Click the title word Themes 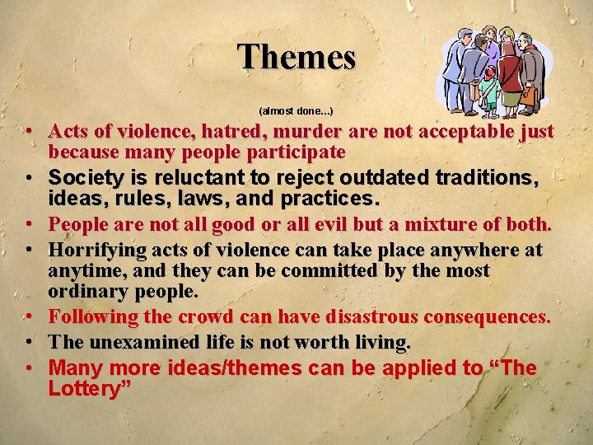296,58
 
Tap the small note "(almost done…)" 296,110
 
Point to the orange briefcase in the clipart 528,96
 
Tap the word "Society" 86,177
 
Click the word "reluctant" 194,177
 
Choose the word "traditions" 491,177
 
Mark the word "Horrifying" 96,250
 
